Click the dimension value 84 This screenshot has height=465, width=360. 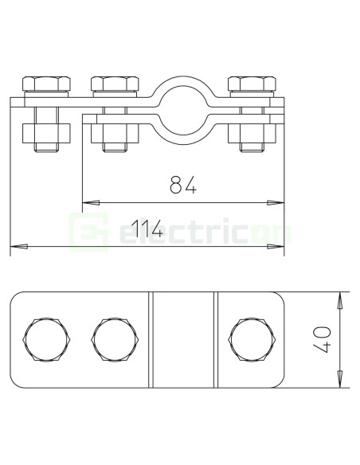point(182,186)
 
